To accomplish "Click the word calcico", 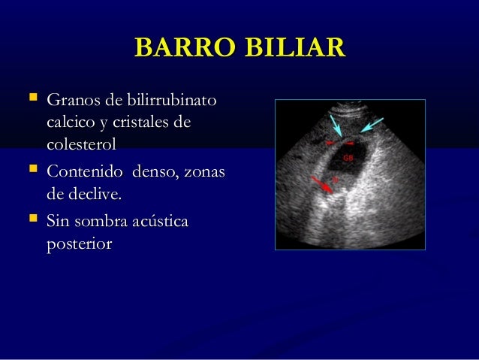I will point(72,122).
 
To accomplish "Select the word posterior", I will point(79,244).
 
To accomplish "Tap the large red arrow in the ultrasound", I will point(323,184).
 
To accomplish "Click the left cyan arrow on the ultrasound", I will point(336,126).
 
